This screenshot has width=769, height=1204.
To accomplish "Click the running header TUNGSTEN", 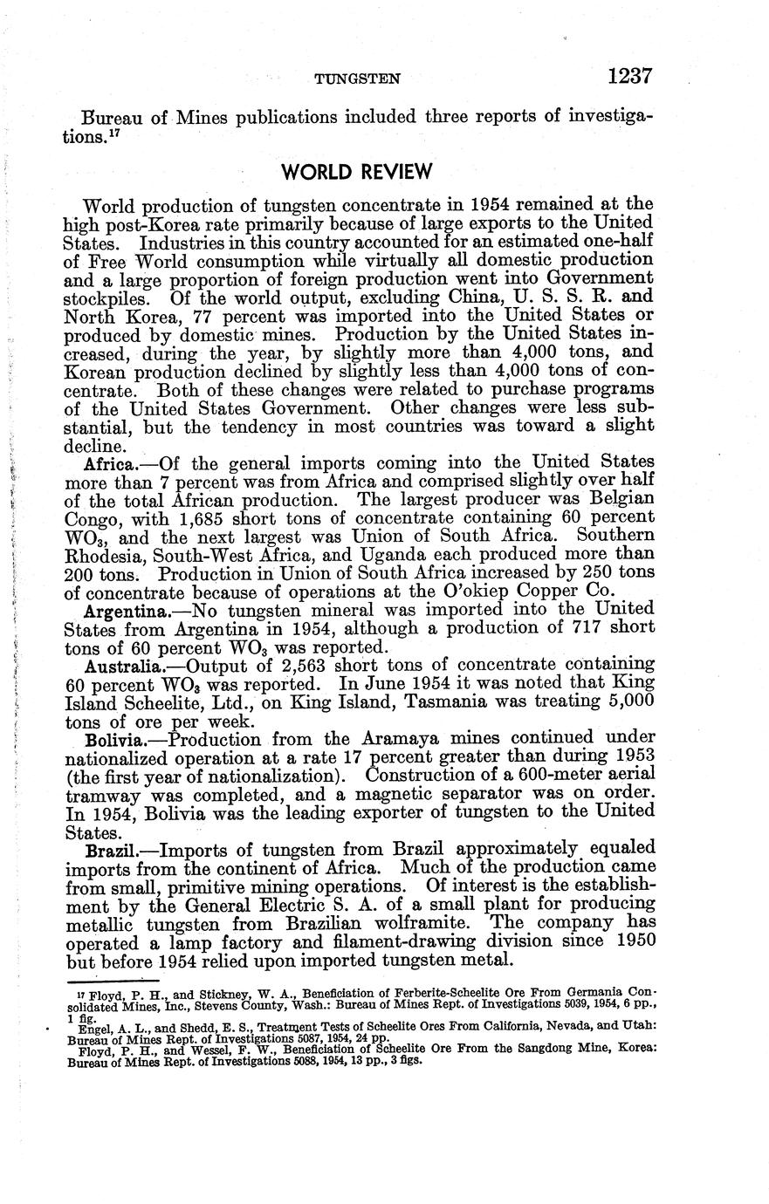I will tap(357, 79).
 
